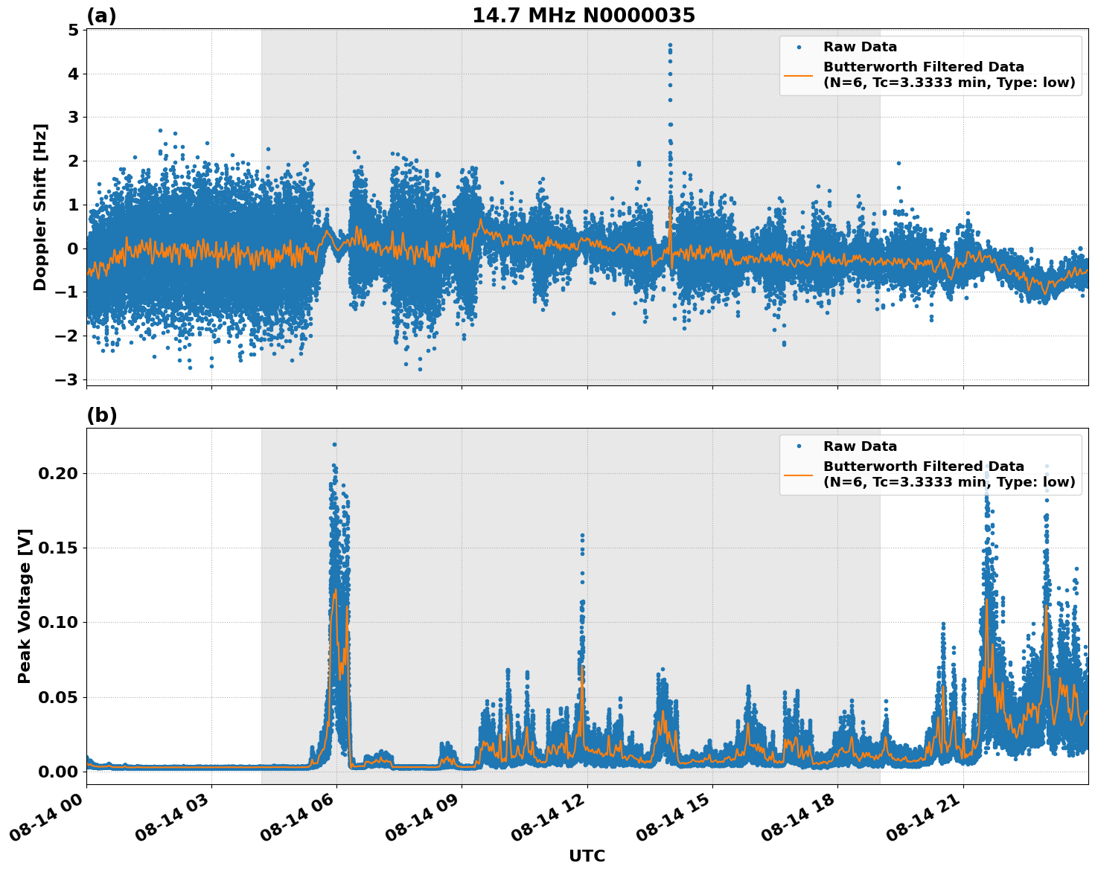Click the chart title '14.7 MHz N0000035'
tap(584, 16)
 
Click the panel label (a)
tap(101, 16)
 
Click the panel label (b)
tap(101, 415)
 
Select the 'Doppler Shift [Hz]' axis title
tap(40, 207)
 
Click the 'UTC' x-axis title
tap(587, 856)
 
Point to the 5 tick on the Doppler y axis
tap(73, 31)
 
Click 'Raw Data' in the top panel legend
tap(860, 48)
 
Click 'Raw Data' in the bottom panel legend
tap(860, 446)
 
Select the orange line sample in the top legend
tap(799, 75)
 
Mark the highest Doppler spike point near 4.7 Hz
tap(670, 45)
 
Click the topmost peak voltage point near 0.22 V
tap(334, 444)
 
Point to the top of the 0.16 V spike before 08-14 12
tap(582, 535)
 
